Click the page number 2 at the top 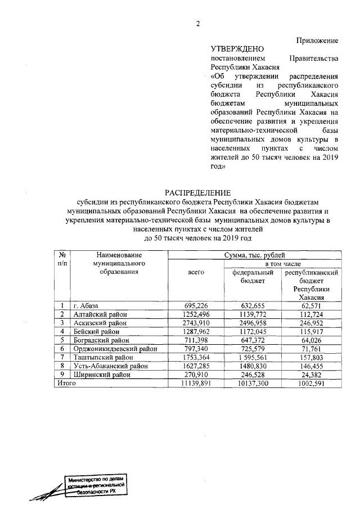point(198,23)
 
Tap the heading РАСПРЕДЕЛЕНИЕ point(198,192)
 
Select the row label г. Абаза point(86,305)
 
